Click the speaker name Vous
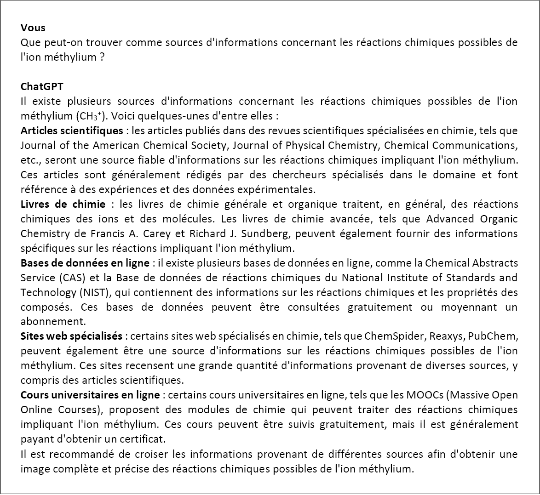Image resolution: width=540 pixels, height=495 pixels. [33, 28]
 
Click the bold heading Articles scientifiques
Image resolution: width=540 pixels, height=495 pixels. [72, 131]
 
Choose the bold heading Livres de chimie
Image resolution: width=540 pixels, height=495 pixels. [63, 204]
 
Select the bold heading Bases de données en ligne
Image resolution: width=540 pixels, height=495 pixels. [85, 263]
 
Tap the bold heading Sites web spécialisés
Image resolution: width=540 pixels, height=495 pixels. [72, 336]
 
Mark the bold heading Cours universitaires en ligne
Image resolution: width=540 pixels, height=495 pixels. [90, 395]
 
